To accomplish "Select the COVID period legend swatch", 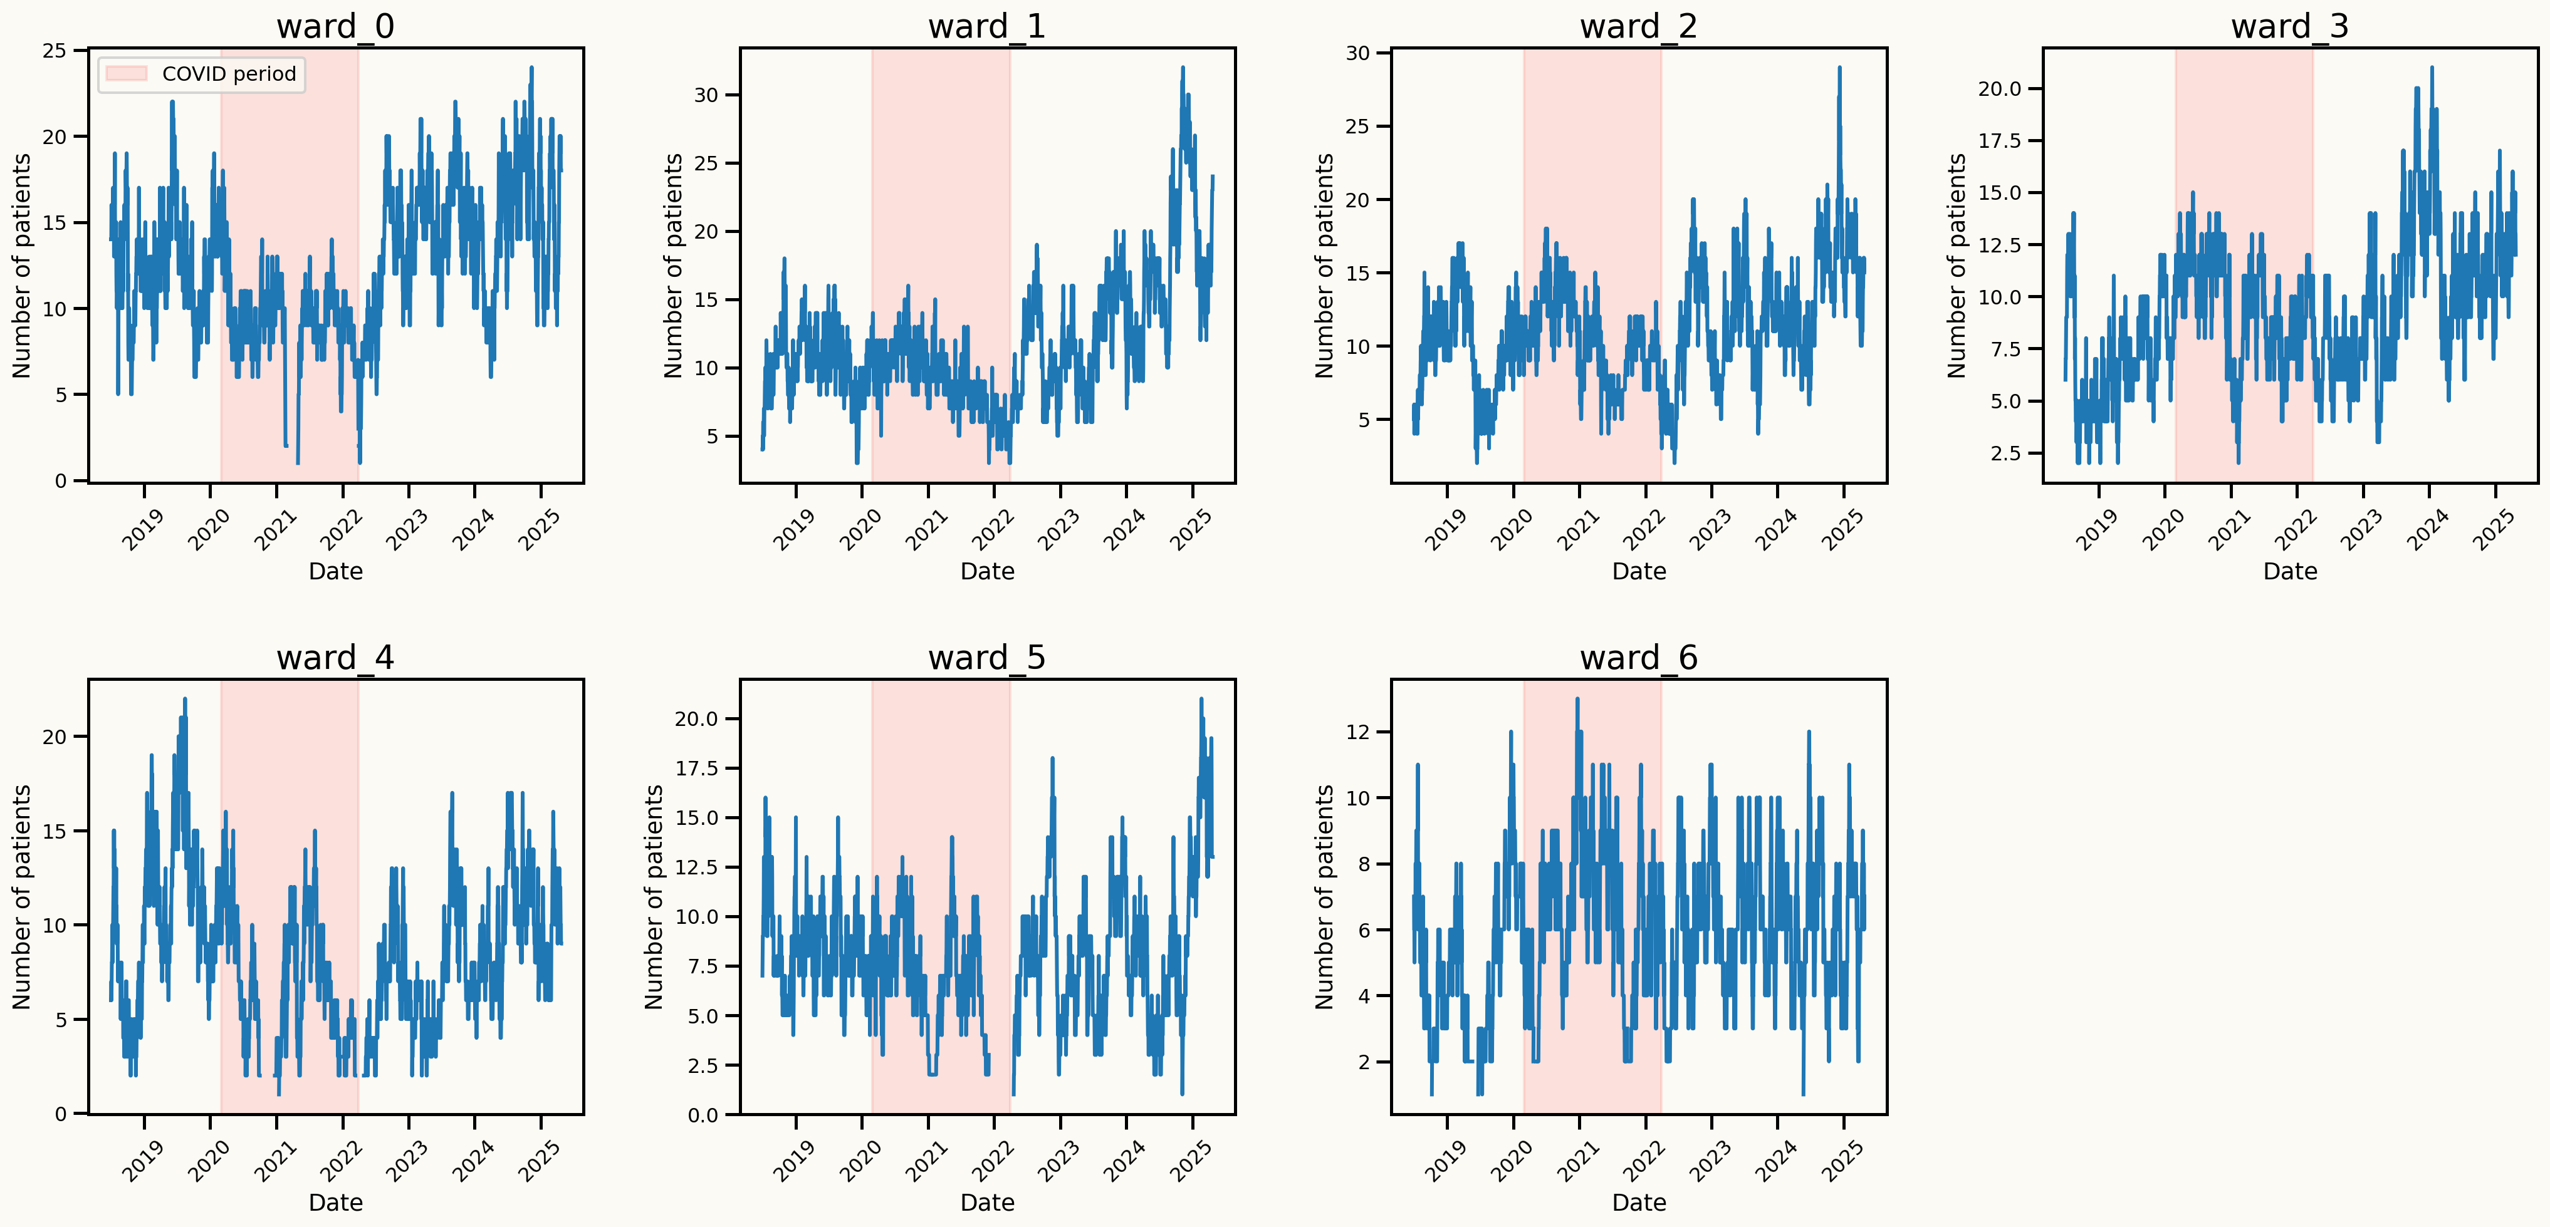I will click(126, 74).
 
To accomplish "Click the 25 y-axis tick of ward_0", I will click(55, 51).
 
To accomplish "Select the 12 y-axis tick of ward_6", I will click(1358, 732).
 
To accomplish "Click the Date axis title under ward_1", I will click(987, 571).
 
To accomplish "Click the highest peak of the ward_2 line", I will click(1839, 67).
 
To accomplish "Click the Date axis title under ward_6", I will click(1638, 1203).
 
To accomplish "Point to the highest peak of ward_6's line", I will click(1577, 698).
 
